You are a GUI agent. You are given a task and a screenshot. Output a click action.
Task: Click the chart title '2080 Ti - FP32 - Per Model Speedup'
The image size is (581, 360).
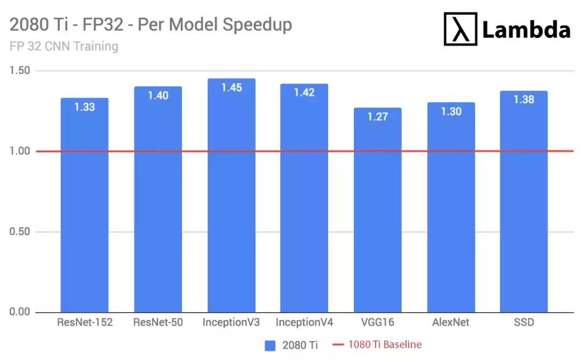pyautogui.click(x=151, y=25)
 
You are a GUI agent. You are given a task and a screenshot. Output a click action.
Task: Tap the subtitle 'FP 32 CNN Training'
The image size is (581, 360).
pyautogui.click(x=64, y=46)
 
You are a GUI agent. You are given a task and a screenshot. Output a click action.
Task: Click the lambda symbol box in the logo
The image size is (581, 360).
pyautogui.click(x=460, y=29)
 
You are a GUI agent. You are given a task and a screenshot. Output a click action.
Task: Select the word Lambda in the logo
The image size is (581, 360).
pyautogui.click(x=526, y=30)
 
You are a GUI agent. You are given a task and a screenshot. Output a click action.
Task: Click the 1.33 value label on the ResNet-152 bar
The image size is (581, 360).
pyautogui.click(x=84, y=107)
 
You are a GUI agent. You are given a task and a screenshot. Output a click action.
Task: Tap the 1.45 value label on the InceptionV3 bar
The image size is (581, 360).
pyautogui.click(x=231, y=88)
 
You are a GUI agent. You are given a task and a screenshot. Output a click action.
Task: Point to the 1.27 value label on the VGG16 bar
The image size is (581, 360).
pyautogui.click(x=378, y=117)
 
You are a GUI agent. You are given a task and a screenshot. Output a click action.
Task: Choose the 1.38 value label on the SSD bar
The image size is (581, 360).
pyautogui.click(x=524, y=100)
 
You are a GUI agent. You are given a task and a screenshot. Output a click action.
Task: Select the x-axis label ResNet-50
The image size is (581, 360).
pyautogui.click(x=158, y=323)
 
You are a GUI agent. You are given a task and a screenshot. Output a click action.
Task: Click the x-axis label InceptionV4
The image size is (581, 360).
pyautogui.click(x=304, y=323)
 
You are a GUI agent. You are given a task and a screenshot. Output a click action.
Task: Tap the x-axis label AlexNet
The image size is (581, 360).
pyautogui.click(x=451, y=323)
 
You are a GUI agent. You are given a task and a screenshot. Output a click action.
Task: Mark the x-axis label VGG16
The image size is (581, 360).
pyautogui.click(x=378, y=323)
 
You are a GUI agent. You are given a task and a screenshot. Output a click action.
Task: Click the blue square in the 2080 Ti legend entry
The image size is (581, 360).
pyautogui.click(x=271, y=345)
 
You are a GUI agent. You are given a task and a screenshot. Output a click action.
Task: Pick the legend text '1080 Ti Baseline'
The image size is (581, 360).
pyautogui.click(x=385, y=345)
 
